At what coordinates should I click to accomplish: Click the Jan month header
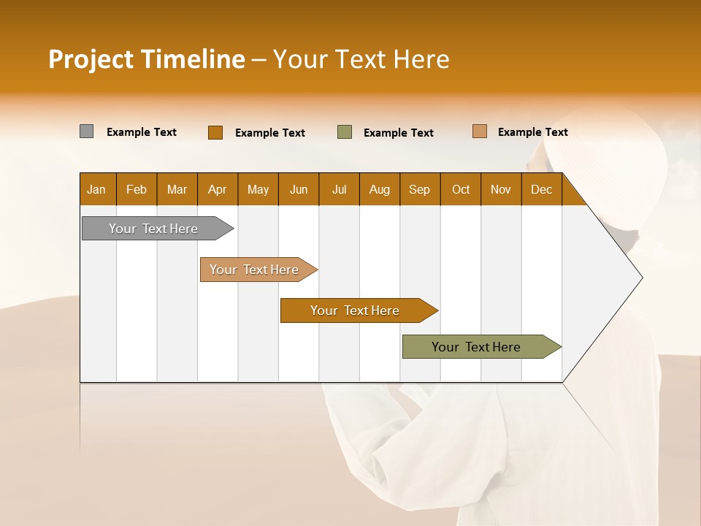97,189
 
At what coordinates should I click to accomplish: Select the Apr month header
218,189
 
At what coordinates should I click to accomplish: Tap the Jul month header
339,189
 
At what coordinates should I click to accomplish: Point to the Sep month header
420,189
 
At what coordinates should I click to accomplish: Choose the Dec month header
541,189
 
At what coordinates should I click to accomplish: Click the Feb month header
137,189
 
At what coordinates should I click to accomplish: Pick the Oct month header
461,189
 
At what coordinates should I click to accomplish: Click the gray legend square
87,131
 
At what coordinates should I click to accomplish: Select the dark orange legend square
215,132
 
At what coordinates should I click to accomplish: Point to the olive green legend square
345,132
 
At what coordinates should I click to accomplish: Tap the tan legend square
480,131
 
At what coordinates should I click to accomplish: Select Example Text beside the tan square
532,132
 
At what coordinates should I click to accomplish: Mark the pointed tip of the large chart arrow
642,278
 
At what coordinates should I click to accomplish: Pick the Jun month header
299,189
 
